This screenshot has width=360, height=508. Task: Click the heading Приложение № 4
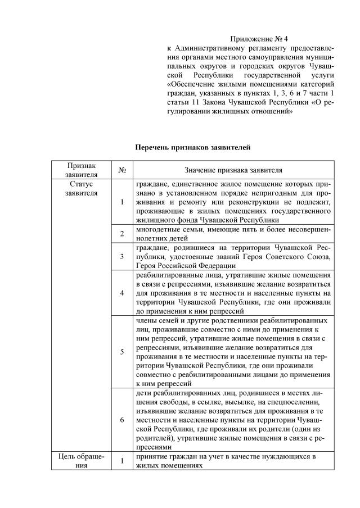pos(259,39)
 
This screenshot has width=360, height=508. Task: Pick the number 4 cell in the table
pos(123,292)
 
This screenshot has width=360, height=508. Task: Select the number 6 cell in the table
pos(123,420)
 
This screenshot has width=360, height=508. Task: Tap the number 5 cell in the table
pos(123,352)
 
